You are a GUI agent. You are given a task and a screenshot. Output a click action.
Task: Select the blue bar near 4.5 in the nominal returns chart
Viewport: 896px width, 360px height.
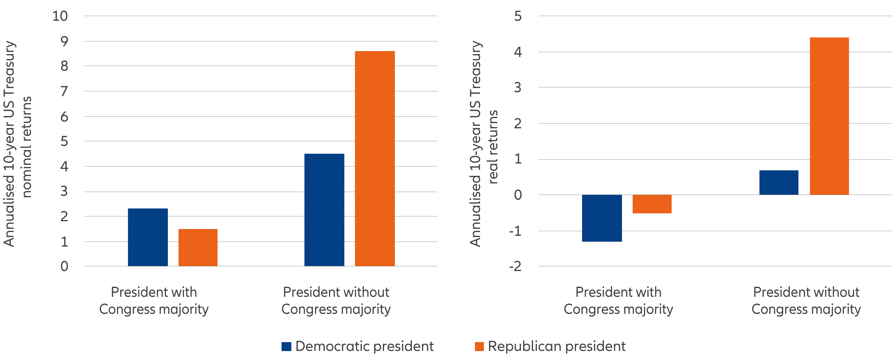[324, 210]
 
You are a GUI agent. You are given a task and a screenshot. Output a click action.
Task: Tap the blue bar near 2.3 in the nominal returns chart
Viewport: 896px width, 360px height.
[148, 237]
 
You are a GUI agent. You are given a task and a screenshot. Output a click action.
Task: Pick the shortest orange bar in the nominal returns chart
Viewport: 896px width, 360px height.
[198, 247]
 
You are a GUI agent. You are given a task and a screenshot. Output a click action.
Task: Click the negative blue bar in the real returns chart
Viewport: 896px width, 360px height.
[602, 218]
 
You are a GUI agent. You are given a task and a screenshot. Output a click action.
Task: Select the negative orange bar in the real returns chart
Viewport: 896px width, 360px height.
[652, 204]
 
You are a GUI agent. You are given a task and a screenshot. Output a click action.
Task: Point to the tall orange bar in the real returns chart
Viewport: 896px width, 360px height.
[829, 116]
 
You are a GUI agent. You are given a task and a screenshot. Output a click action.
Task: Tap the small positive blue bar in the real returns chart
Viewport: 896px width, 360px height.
[779, 182]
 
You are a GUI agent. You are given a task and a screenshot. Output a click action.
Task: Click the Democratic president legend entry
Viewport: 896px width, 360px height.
[358, 346]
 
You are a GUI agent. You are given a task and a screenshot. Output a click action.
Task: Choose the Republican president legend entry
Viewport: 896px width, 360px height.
[550, 346]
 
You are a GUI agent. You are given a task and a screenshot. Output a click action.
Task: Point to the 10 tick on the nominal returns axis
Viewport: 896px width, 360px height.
[60, 16]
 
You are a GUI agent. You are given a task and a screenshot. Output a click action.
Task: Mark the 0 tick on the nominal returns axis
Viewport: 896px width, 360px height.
[64, 267]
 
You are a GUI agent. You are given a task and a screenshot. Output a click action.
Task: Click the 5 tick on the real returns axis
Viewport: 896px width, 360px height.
[518, 16]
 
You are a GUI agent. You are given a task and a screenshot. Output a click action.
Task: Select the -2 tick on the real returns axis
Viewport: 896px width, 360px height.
[515, 267]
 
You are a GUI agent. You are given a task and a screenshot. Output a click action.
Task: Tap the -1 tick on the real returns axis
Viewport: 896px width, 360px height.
[515, 231]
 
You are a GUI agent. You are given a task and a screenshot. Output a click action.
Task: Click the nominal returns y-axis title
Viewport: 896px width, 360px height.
[17, 144]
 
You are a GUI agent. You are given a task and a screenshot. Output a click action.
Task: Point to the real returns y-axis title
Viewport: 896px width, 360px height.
[483, 144]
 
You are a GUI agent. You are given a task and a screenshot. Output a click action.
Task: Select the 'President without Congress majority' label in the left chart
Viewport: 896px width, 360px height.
[336, 301]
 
